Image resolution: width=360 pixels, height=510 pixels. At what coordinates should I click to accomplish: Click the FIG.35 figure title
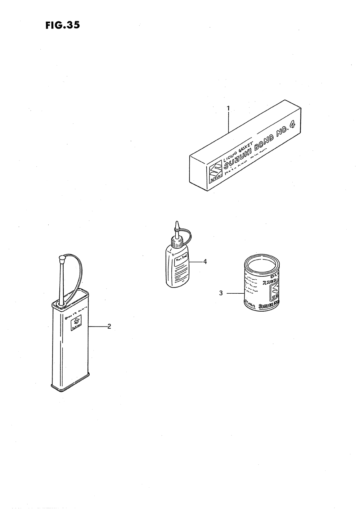click(x=62, y=25)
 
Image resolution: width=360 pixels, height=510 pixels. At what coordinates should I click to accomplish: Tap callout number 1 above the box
click(x=228, y=108)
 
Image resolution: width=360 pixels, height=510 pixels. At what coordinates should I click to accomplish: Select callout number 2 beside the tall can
click(x=109, y=326)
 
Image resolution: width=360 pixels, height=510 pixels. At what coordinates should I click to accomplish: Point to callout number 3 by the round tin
click(x=221, y=293)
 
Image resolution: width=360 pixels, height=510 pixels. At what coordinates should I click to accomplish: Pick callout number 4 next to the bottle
click(x=205, y=261)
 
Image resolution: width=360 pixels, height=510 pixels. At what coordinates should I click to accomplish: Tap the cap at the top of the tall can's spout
click(x=62, y=258)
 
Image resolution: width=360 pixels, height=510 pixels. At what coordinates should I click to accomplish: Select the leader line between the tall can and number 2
click(x=97, y=326)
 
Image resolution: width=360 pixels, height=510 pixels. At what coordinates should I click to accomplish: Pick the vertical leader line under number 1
click(x=228, y=122)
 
